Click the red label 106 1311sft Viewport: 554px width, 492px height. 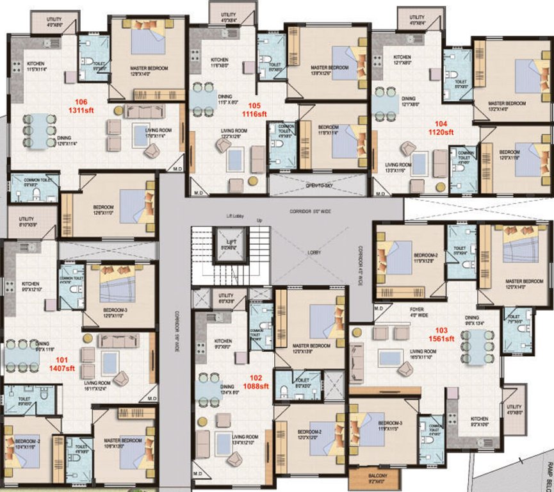[x=81, y=105]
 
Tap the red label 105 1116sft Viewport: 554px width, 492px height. [x=255, y=110]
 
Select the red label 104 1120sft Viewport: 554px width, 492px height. [x=441, y=127]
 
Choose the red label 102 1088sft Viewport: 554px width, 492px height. [x=256, y=382]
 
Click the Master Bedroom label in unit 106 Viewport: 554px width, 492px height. [x=148, y=69]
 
